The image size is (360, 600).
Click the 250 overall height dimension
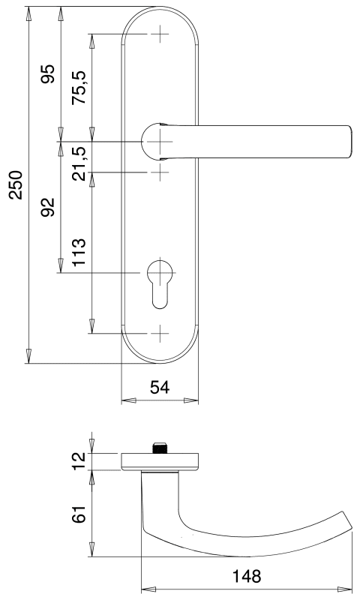(16, 185)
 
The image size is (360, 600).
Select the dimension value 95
(49, 73)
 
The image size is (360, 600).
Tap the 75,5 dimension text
(80, 88)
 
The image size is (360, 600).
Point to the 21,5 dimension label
(80, 163)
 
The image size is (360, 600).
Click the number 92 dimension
(49, 207)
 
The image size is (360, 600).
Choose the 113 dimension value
(79, 252)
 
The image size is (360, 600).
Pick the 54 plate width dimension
(160, 388)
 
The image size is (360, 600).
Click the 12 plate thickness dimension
(79, 461)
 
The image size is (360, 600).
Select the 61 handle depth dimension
(79, 514)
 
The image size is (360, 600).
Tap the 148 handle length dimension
(247, 576)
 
